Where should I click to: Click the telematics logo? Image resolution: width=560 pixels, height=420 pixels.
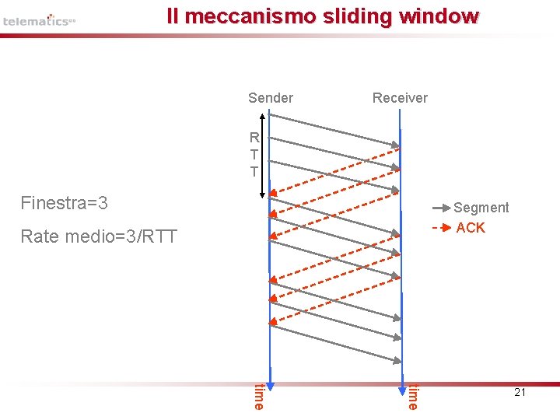coord(39,20)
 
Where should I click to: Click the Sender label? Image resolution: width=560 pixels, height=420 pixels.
coord(270,98)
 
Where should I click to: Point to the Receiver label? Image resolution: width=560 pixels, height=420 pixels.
coord(400,98)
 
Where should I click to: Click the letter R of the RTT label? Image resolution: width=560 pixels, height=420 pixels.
coord(254,138)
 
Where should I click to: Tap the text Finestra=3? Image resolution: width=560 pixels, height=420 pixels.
coord(64,204)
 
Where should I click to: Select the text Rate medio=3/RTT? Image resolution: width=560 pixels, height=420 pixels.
coord(99,236)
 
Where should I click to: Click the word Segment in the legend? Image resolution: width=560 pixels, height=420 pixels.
coord(481,208)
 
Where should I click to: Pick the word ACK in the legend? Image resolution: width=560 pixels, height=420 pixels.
coord(471,228)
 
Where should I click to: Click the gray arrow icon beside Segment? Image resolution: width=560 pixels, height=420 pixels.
coord(441,208)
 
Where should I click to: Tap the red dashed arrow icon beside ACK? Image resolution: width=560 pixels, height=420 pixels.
coord(441,228)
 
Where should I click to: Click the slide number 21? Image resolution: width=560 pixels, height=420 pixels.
coord(520,393)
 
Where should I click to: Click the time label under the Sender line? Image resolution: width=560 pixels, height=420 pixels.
coord(259,396)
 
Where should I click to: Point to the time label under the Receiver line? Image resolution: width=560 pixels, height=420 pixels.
coord(414,396)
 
